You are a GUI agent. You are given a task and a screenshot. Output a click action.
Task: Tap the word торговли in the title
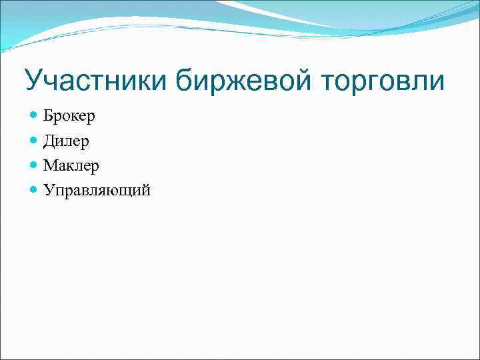click(x=385, y=81)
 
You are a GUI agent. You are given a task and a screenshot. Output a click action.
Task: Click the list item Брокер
click(x=69, y=116)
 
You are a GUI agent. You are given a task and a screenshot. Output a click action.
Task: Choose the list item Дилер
click(x=66, y=141)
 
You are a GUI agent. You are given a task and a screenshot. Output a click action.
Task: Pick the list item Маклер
click(x=71, y=165)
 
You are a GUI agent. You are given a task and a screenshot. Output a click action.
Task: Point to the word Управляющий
click(x=97, y=191)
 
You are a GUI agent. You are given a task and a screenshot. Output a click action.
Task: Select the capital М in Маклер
click(x=51, y=165)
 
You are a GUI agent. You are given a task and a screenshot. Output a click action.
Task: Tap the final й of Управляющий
click(x=145, y=190)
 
